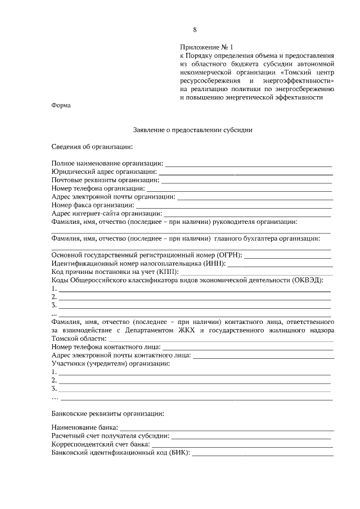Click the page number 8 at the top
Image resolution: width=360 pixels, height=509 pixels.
click(195, 29)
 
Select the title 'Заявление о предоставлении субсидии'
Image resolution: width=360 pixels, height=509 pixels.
click(193, 129)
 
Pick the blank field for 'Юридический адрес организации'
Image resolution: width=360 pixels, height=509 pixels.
click(245, 172)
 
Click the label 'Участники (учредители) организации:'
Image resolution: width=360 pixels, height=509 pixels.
click(111, 364)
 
